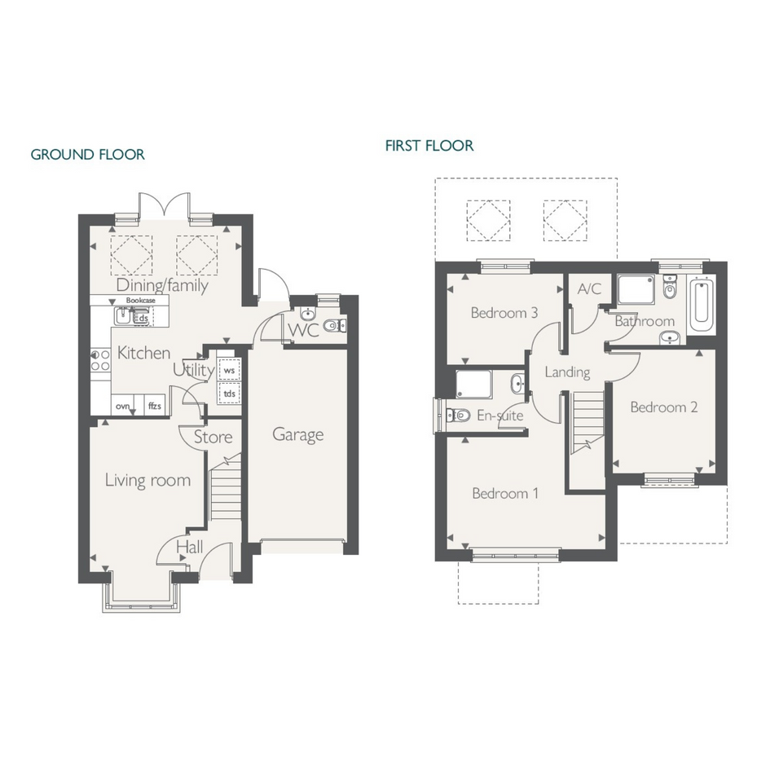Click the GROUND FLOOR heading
[x=87, y=155]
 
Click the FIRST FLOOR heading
[x=429, y=146]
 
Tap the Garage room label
[x=298, y=435]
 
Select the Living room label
[x=147, y=480]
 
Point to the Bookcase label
[x=140, y=300]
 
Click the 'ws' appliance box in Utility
[x=229, y=370]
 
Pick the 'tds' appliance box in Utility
[x=229, y=394]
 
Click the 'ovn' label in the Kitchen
[x=123, y=406]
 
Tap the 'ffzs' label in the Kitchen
[x=155, y=406]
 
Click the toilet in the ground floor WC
[x=336, y=324]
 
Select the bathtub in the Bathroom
[x=701, y=306]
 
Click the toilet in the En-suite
[x=458, y=416]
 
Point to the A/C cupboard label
[x=589, y=288]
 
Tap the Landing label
[x=568, y=372]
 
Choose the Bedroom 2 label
[x=664, y=407]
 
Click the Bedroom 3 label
[x=504, y=313]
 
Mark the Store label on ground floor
[x=213, y=437]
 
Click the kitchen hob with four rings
[x=99, y=360]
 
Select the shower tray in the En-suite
[x=473, y=384]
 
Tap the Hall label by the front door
[x=190, y=547]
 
